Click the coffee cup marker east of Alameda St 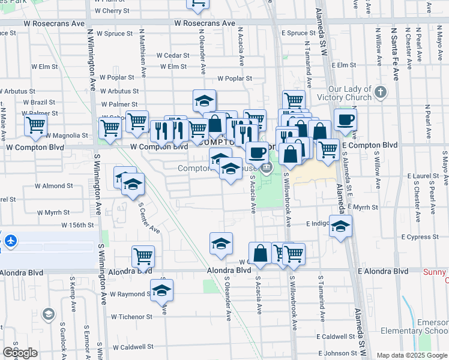click(x=345, y=120)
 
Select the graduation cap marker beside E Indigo click(x=340, y=227)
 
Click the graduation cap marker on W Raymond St click(x=161, y=291)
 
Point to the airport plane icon click(x=10, y=241)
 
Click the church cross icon click(x=379, y=92)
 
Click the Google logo click(x=20, y=352)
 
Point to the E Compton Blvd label click(x=370, y=145)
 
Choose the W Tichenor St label click(x=132, y=316)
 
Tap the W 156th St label click(x=78, y=225)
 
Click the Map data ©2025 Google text click(x=411, y=355)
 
